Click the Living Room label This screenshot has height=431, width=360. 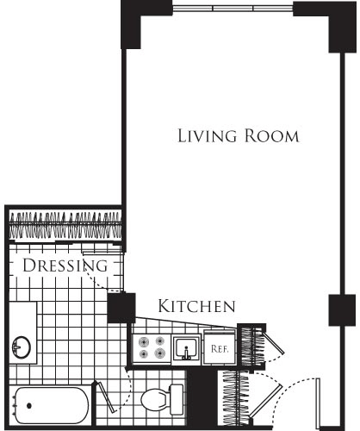(x=239, y=136)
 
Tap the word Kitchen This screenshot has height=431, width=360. (x=196, y=306)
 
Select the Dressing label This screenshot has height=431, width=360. (x=65, y=265)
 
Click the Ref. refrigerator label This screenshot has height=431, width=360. (x=220, y=349)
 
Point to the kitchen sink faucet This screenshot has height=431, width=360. (x=186, y=353)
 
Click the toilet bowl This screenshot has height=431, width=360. (x=154, y=399)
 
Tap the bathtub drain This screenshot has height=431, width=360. (x=29, y=406)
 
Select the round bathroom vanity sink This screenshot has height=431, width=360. (x=22, y=347)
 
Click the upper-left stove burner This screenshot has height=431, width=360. (x=143, y=342)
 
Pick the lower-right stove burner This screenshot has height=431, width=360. (x=159, y=353)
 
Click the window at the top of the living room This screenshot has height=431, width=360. (x=233, y=8)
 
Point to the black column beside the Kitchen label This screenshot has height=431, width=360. (x=121, y=308)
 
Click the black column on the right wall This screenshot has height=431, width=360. (x=342, y=310)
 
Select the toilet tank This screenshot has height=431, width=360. (x=177, y=399)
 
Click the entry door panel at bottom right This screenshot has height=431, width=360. (x=318, y=403)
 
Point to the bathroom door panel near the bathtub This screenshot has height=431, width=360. (x=107, y=397)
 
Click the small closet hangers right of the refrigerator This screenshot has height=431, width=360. (x=251, y=347)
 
